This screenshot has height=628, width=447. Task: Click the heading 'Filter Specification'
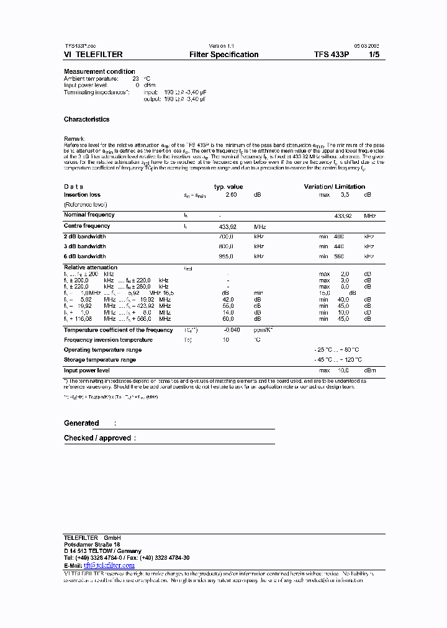223,55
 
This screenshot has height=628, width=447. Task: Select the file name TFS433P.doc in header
81,46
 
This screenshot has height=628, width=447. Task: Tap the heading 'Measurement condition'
99,71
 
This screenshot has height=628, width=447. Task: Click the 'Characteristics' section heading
86,119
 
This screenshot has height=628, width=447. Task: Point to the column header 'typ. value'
228,187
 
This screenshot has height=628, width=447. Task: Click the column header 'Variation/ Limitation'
334,187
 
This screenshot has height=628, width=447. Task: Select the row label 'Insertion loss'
82,195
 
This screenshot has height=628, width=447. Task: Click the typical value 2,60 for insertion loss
231,195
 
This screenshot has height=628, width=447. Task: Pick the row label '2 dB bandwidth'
84,236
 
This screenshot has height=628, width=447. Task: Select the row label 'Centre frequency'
87,227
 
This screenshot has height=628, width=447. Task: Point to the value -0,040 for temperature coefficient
231,330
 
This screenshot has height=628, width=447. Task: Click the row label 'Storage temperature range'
100,360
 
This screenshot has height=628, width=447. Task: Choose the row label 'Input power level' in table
87,370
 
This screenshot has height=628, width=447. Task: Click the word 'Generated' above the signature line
81,423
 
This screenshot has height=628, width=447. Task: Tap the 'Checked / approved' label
97,438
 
